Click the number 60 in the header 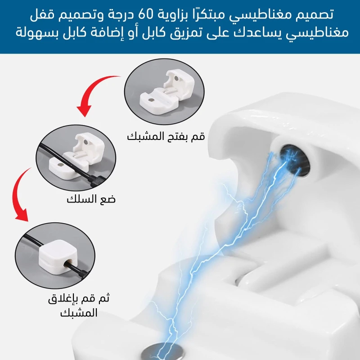click(146, 14)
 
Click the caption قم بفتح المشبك click(166, 136)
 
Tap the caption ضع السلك click(91, 199)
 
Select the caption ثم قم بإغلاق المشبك click(79, 306)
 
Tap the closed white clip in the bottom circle click(58, 257)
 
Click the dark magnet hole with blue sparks click(295, 160)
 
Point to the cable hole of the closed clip click(69, 263)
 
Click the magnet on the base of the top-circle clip click(151, 100)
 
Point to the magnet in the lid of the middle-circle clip click(86, 142)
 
